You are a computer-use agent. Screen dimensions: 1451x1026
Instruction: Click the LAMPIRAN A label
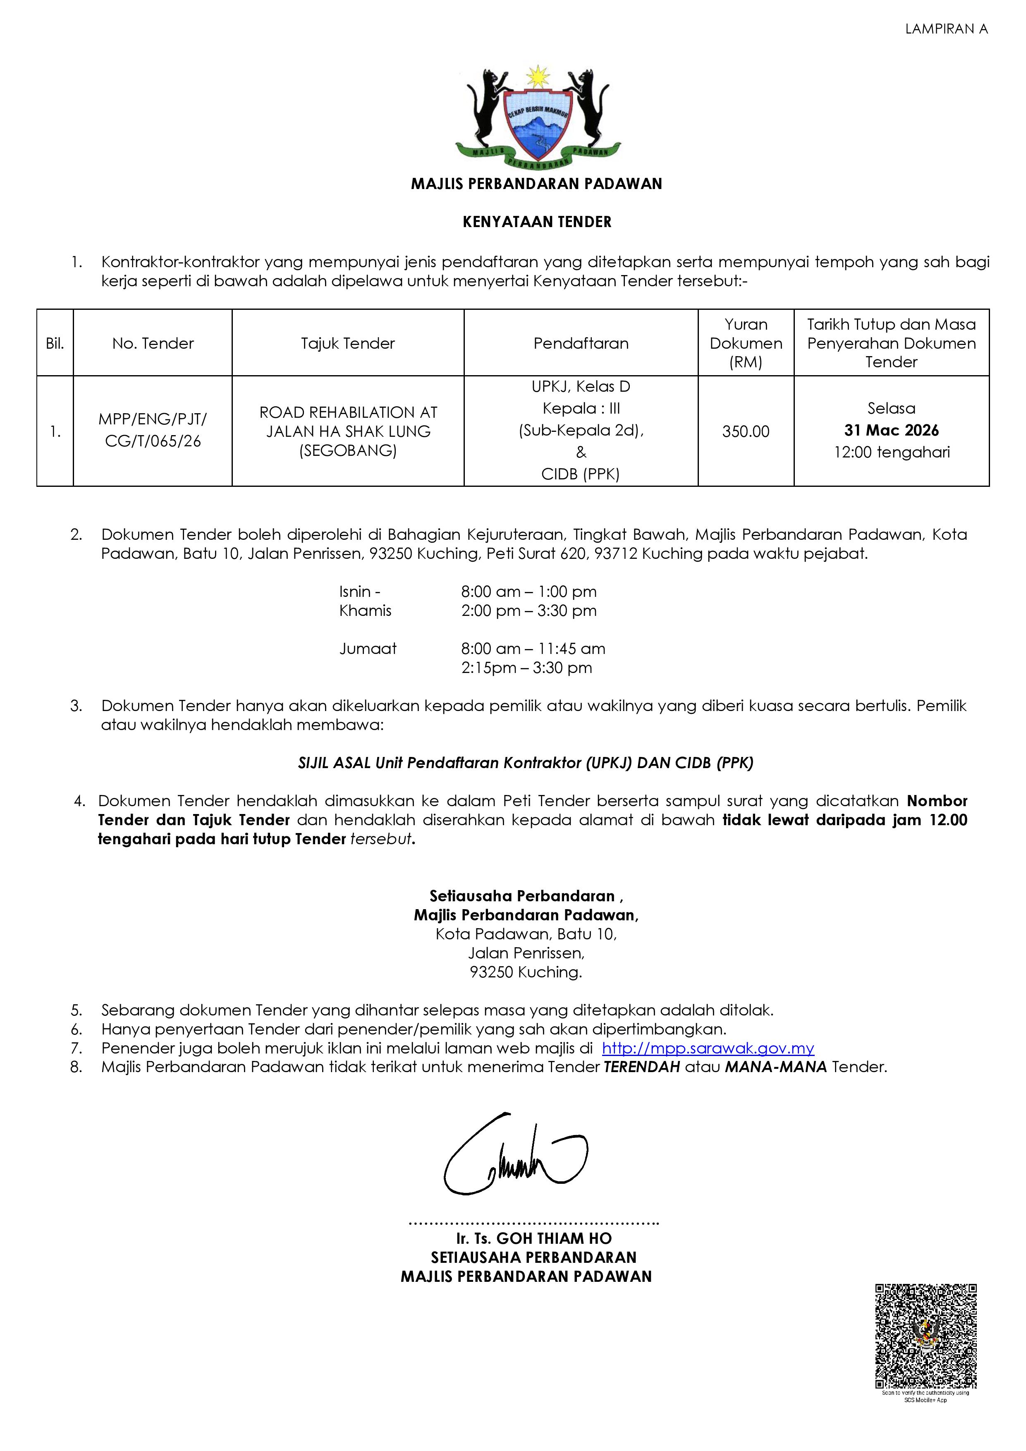[x=946, y=29]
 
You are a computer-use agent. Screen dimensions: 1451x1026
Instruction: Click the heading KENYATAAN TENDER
[x=537, y=222]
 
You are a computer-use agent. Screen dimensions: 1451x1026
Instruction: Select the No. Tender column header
[x=153, y=343]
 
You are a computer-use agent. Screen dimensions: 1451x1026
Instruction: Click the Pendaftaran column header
[x=581, y=343]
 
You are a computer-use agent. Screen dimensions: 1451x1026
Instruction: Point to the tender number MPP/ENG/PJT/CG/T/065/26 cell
[x=153, y=430]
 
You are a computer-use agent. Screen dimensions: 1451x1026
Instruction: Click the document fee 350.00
[x=746, y=432]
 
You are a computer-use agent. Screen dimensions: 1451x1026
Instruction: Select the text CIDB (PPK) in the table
[x=581, y=474]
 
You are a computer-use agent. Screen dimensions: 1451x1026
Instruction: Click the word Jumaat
[x=368, y=649]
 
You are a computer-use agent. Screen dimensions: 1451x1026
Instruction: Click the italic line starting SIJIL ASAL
[x=526, y=763]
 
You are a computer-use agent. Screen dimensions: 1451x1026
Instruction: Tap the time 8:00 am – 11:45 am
[x=533, y=649]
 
